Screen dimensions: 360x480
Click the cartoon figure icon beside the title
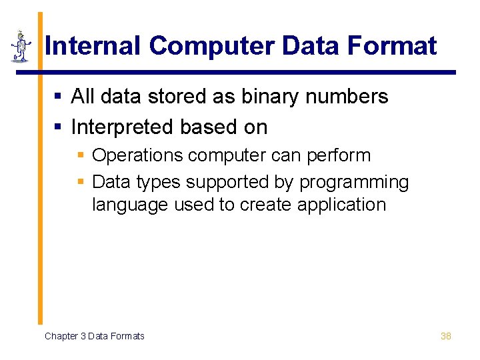tap(21, 47)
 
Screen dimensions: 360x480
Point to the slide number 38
tap(446, 336)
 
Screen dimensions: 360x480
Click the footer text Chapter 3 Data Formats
tap(94, 336)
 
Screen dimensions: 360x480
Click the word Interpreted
tap(120, 127)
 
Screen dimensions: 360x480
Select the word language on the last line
tap(129, 205)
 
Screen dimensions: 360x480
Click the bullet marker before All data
tap(58, 97)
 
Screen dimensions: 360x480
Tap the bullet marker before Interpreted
tap(58, 127)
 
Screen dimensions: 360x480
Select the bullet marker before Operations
tap(81, 156)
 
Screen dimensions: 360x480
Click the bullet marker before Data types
tap(81, 182)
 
